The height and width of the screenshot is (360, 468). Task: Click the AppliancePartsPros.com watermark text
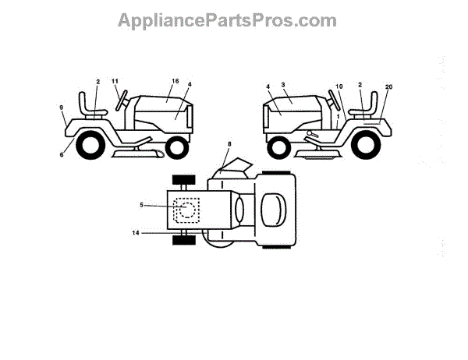(x=227, y=19)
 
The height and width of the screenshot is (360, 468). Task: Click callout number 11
(x=115, y=81)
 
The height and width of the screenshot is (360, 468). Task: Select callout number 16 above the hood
(x=175, y=81)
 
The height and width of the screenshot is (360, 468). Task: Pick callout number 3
(x=284, y=83)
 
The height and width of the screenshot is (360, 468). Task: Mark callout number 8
(x=229, y=144)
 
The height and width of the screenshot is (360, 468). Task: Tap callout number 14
(x=136, y=232)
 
